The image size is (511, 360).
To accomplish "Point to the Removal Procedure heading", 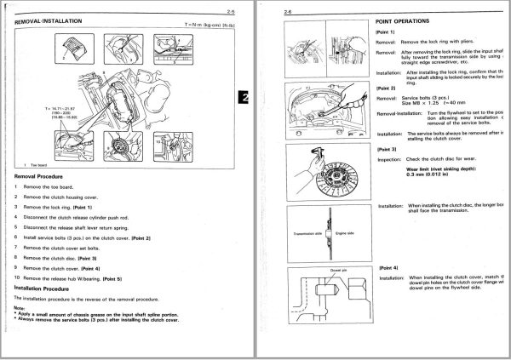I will click(x=46, y=175).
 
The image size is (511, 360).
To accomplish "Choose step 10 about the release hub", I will click(x=77, y=277).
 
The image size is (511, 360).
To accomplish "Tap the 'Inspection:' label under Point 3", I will click(x=389, y=158).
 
